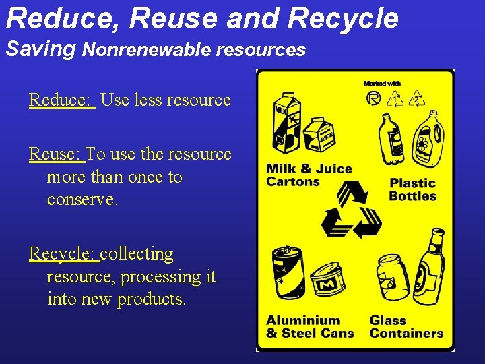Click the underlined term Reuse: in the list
tap(57, 154)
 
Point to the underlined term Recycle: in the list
tap(64, 254)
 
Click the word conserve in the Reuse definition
tap(82, 200)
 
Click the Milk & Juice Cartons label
tap(309, 175)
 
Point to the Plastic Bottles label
tap(412, 189)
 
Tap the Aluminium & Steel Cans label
tap(309, 327)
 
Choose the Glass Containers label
tap(406, 327)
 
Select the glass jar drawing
tap(393, 277)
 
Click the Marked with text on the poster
tap(382, 84)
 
